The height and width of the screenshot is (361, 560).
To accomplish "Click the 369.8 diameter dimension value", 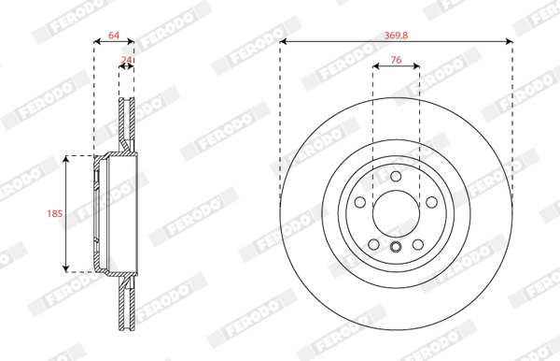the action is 396,36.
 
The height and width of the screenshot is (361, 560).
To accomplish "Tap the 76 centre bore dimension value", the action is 396,60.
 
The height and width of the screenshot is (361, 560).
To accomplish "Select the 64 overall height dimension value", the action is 114,36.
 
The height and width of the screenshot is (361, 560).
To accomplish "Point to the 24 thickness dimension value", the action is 126,60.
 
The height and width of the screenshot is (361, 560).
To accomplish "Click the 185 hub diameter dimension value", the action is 55,213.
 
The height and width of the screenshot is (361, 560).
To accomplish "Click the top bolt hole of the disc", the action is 396,177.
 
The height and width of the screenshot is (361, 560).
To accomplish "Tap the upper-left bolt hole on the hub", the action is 360,202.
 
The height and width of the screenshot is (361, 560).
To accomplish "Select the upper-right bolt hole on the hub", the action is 432,202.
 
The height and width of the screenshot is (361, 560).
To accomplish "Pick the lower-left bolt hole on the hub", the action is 373,245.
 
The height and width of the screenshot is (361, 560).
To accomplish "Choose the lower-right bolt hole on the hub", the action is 418,245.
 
